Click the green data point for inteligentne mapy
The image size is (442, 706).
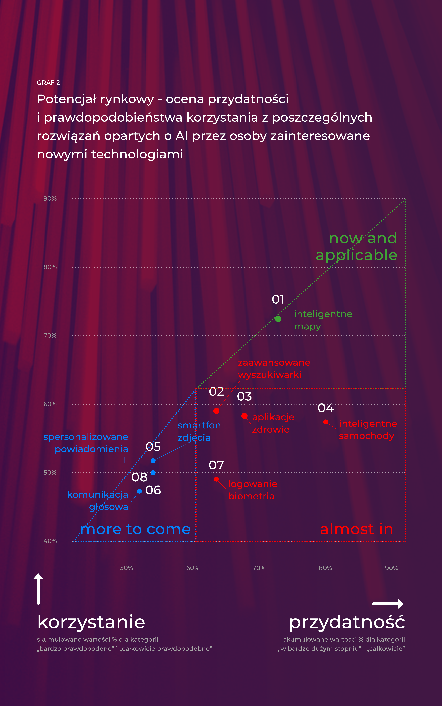coord(278,319)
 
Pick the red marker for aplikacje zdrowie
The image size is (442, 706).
coord(244,416)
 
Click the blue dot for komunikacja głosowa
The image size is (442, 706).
coord(139,491)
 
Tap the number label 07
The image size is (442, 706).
coord(216,465)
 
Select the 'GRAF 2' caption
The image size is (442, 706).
coord(48,83)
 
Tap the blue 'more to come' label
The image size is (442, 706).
coord(135,529)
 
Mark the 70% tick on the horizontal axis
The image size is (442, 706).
coord(259,568)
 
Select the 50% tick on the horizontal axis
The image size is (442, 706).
coord(127,568)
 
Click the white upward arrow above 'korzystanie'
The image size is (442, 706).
coord(38,588)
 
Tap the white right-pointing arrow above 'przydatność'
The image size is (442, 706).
coord(388,604)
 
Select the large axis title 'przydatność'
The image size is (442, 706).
coord(347,622)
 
